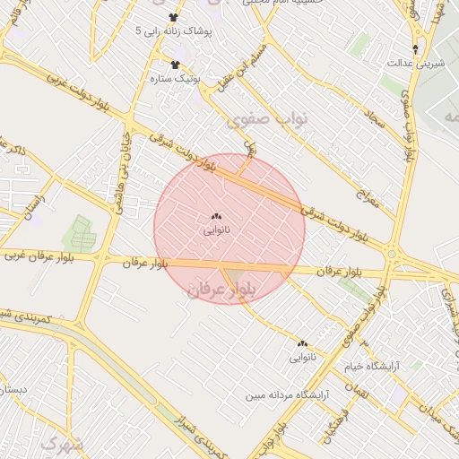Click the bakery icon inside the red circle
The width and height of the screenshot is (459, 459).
[x=216, y=217]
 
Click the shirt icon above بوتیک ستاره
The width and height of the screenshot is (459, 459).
[x=176, y=65]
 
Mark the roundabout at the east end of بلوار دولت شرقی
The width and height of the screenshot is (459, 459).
[x=393, y=255]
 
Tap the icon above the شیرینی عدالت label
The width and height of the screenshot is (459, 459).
[x=415, y=48]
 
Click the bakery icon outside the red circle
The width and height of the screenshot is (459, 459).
[x=302, y=343]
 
